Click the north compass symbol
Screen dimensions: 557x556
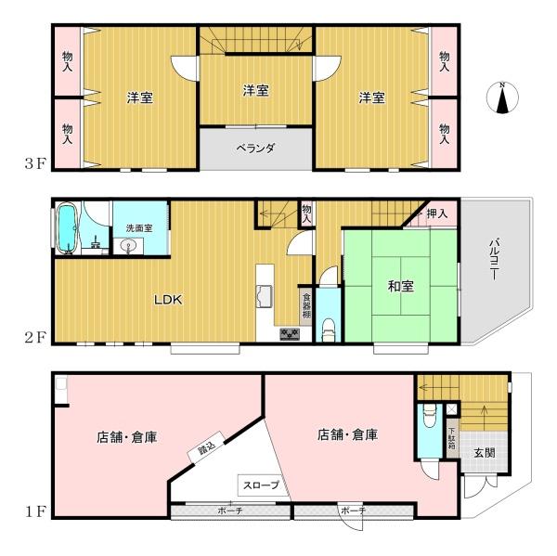point(502,97)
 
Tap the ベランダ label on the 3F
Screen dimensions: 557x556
point(256,148)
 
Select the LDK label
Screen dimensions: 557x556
point(168,300)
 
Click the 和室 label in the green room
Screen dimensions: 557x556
point(401,286)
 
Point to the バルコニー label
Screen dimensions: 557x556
point(494,260)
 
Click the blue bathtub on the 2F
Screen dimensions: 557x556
point(67,228)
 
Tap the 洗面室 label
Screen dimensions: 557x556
point(139,228)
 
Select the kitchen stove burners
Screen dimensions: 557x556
point(290,334)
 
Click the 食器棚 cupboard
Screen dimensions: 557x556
point(306,305)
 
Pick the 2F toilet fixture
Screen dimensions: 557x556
point(329,330)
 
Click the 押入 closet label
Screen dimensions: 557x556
point(437,213)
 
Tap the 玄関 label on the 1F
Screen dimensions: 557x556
point(485,453)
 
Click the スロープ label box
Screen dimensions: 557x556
point(261,485)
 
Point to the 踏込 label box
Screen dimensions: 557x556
point(206,447)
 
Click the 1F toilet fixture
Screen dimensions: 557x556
point(430,416)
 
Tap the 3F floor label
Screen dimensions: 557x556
point(35,163)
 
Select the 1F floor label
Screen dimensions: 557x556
point(35,512)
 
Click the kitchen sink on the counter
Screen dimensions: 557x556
point(264,296)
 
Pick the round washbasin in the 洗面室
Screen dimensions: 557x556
point(127,245)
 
